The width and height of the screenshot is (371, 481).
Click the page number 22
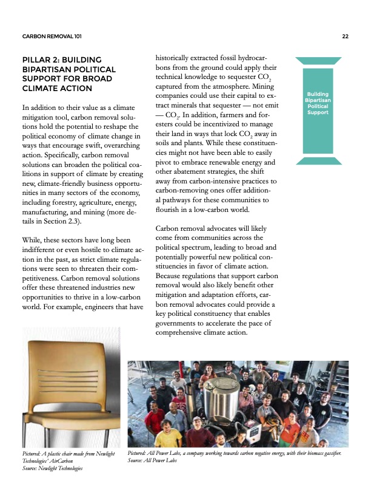click(345, 37)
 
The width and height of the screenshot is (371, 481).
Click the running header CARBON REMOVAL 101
click(52, 37)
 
